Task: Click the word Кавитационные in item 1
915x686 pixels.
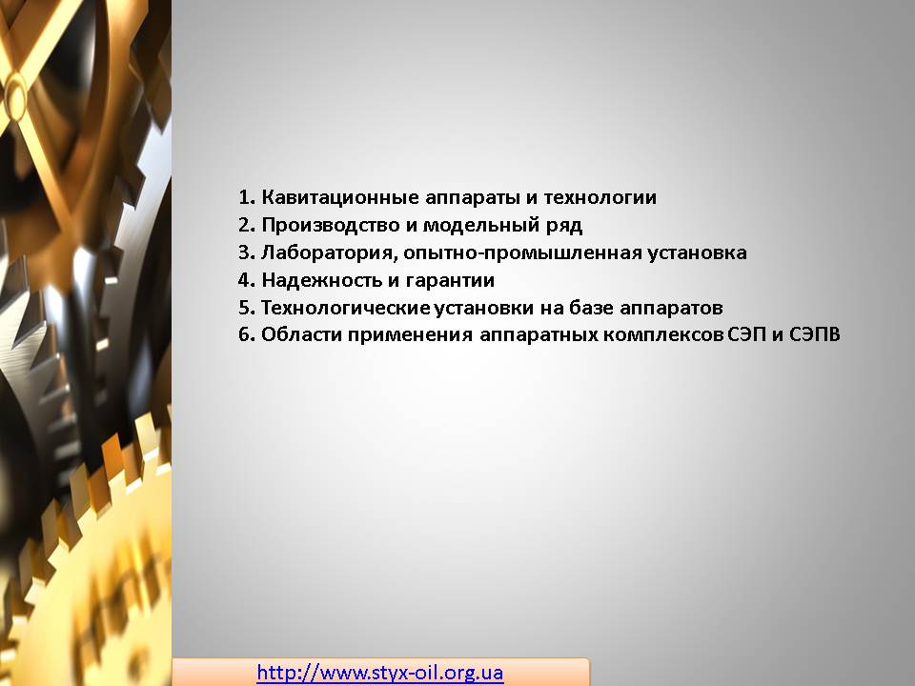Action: [340, 197]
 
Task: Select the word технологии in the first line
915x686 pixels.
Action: [600, 197]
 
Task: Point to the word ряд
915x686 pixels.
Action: [563, 226]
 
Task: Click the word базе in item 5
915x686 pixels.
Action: [591, 308]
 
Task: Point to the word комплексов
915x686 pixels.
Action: [664, 335]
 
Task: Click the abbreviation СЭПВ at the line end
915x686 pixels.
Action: [815, 334]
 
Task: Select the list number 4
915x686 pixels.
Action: [246, 280]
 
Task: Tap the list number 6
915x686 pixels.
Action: [246, 334]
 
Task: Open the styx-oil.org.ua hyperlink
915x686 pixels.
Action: [380, 673]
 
